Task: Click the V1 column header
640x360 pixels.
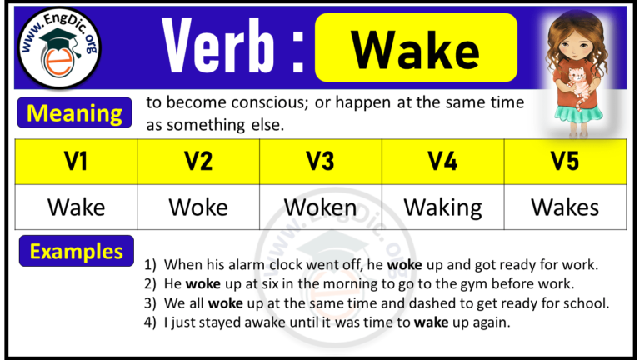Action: [76, 162]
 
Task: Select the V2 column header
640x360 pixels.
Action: [197, 162]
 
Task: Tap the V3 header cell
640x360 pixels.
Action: [320, 162]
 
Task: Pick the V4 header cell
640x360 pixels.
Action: [442, 162]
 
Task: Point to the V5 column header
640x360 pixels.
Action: [565, 162]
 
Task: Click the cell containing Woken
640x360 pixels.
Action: [320, 207]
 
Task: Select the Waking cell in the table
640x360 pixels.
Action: [442, 207]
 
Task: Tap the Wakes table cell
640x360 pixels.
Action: [565, 207]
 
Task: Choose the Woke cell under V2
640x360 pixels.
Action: [197, 207]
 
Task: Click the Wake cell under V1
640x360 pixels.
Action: [76, 207]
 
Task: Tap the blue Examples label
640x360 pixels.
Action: [76, 251]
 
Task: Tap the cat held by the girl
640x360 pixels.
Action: [576, 82]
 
